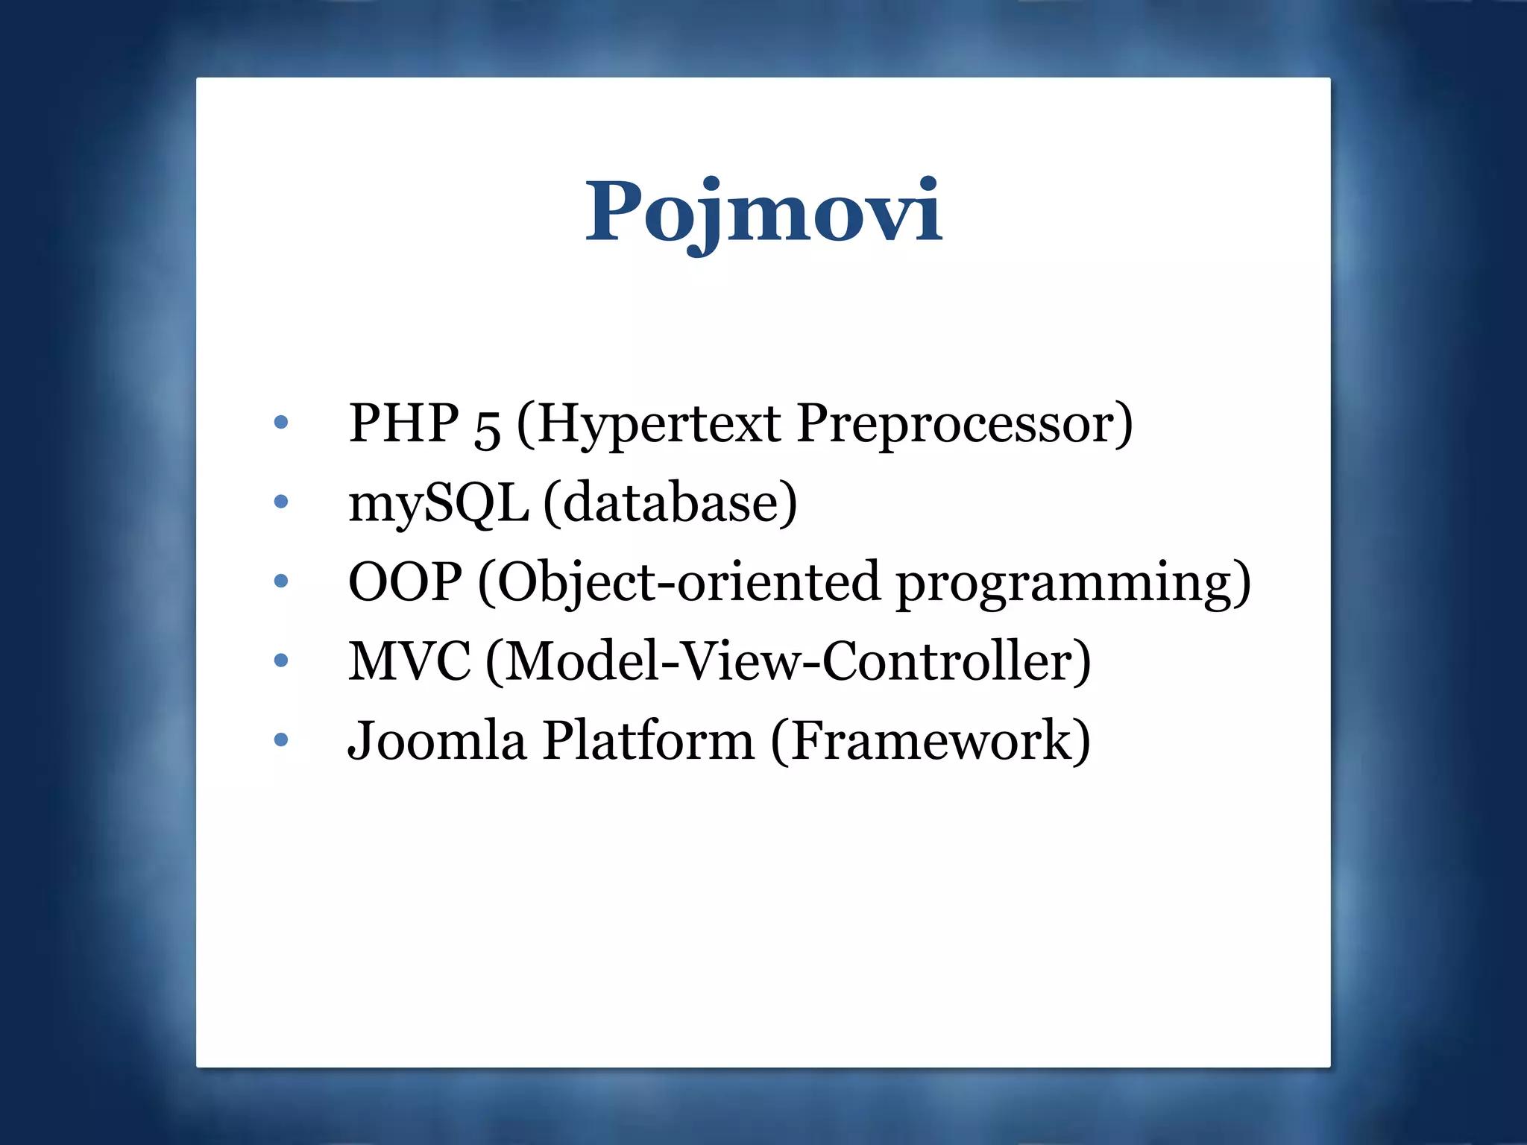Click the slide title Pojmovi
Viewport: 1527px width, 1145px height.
763,212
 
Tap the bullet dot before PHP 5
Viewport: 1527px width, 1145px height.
281,423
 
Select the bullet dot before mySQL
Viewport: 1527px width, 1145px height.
281,502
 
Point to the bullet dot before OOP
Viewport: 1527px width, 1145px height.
281,581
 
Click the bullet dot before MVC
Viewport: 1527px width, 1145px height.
281,660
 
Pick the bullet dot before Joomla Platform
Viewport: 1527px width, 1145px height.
281,739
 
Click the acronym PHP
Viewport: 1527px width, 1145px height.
403,423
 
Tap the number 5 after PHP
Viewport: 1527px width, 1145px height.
487,428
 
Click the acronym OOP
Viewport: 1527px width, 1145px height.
405,581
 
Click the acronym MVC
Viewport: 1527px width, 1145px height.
409,660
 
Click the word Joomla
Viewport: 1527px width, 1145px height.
437,740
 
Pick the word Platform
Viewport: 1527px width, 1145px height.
648,740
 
